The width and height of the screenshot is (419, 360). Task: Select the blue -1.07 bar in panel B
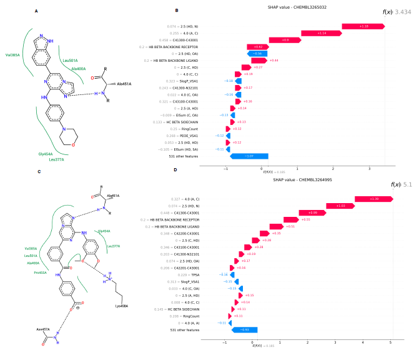coord(249,156)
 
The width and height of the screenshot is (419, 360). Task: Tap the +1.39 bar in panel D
coord(374,199)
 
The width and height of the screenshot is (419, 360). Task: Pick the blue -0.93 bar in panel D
coord(245,329)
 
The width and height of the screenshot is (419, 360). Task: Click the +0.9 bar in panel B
coord(284,40)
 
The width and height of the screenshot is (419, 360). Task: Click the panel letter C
coord(39,171)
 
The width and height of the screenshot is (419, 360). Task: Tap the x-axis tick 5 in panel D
coord(390,342)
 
